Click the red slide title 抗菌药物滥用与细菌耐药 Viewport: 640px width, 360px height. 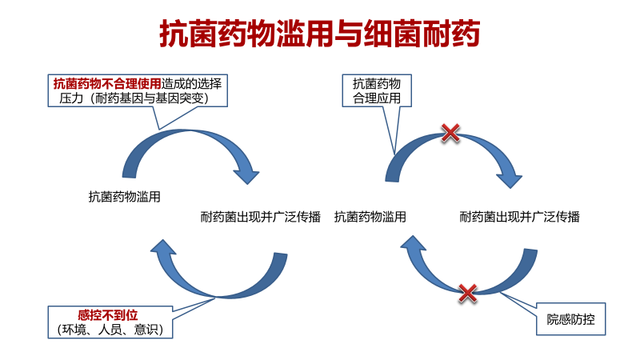(x=319, y=34)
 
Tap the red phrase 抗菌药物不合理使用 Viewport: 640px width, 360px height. (x=107, y=84)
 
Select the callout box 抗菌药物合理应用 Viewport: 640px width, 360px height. (x=376, y=90)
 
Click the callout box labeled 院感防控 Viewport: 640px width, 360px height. (x=570, y=318)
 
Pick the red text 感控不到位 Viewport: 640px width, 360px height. (x=108, y=315)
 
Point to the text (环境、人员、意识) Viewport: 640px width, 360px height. (x=110, y=330)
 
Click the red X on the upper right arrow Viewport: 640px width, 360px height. (x=450, y=133)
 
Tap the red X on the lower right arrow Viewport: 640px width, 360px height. (x=468, y=293)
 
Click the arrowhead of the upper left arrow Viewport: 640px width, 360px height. (x=246, y=174)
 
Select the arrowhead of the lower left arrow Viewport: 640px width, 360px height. (x=163, y=247)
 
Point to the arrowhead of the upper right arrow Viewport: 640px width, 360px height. (x=510, y=178)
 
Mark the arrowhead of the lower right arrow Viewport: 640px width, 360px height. (x=413, y=243)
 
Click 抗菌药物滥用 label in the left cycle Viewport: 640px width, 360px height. (x=125, y=197)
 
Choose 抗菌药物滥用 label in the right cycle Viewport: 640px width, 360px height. (x=370, y=217)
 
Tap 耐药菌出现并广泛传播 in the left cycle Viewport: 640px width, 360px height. (x=261, y=217)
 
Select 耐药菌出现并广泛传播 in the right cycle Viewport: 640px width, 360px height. (x=519, y=217)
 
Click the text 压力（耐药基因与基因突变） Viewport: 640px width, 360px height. (x=134, y=98)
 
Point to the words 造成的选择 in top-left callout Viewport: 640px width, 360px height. (x=191, y=84)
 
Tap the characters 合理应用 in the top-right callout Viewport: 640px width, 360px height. (x=376, y=98)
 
